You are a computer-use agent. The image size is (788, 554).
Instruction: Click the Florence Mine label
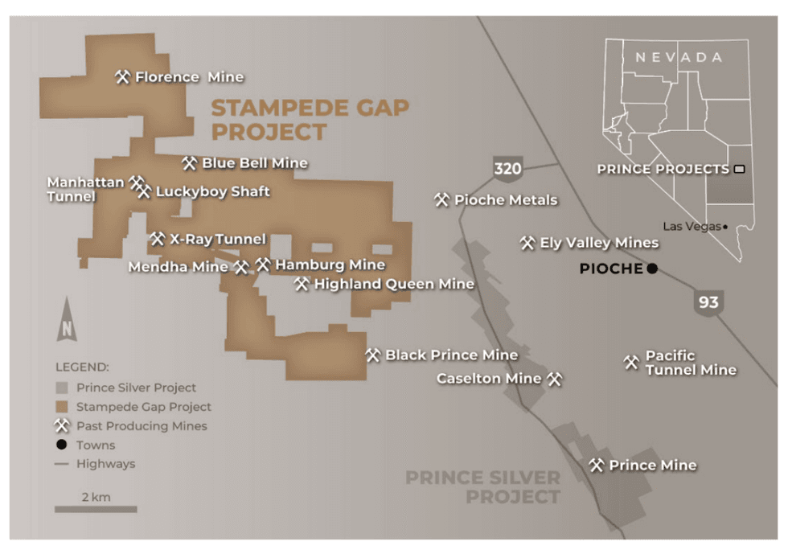tap(189, 77)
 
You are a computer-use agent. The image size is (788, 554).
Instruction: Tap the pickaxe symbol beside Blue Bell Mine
tap(189, 163)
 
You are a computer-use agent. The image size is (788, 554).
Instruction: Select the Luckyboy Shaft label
tap(212, 191)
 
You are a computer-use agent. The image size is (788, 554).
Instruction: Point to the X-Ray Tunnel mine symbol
tap(157, 239)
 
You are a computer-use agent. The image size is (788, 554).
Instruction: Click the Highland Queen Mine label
tap(393, 284)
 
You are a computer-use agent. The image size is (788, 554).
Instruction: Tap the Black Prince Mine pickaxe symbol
tap(372, 355)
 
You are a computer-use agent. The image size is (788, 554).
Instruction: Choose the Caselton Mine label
tap(489, 379)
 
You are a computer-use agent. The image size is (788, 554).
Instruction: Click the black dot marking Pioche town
tap(652, 269)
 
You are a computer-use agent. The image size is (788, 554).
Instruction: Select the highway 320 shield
tap(508, 169)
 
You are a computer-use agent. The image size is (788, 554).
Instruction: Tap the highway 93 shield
tap(708, 302)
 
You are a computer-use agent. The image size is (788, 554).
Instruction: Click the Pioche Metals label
tap(505, 199)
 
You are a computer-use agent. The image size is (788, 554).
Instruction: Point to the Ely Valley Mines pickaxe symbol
tap(527, 243)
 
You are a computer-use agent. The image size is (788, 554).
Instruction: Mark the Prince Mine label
tap(652, 466)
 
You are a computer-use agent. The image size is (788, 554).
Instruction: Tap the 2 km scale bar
tap(96, 508)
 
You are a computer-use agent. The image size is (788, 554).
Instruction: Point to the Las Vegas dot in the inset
tap(725, 227)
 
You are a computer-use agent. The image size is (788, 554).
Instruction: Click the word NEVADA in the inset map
tap(679, 58)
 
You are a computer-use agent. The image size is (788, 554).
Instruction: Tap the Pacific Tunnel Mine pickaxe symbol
tap(631, 363)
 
